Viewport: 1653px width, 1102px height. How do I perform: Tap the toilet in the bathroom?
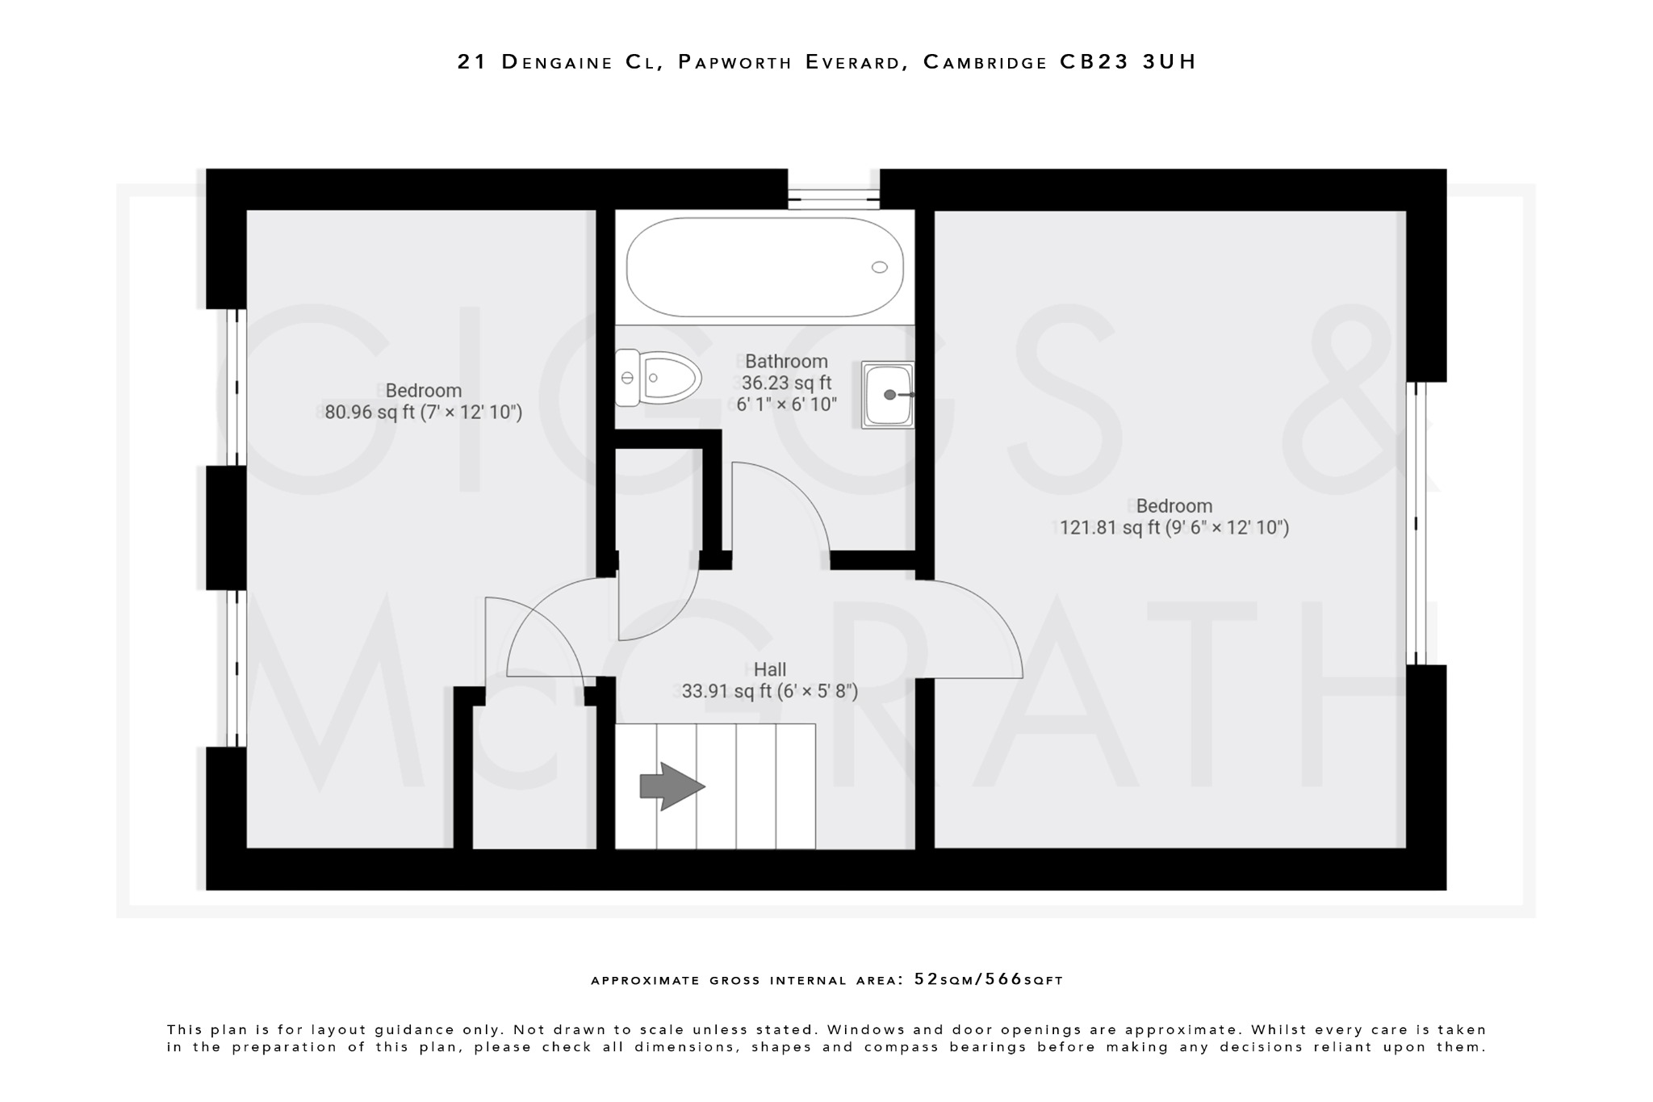(658, 377)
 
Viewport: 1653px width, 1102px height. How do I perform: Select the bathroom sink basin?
(888, 394)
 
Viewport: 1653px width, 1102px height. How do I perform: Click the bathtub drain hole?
(879, 267)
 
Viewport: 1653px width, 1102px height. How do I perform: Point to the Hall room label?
(769, 669)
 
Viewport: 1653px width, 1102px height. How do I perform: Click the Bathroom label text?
(785, 361)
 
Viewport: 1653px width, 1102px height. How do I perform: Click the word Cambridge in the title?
(985, 61)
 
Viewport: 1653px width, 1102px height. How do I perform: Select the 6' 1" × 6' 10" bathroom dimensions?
(786, 404)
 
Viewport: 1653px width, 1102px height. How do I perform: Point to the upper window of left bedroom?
(236, 387)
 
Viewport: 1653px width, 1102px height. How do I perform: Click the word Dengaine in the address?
(557, 61)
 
